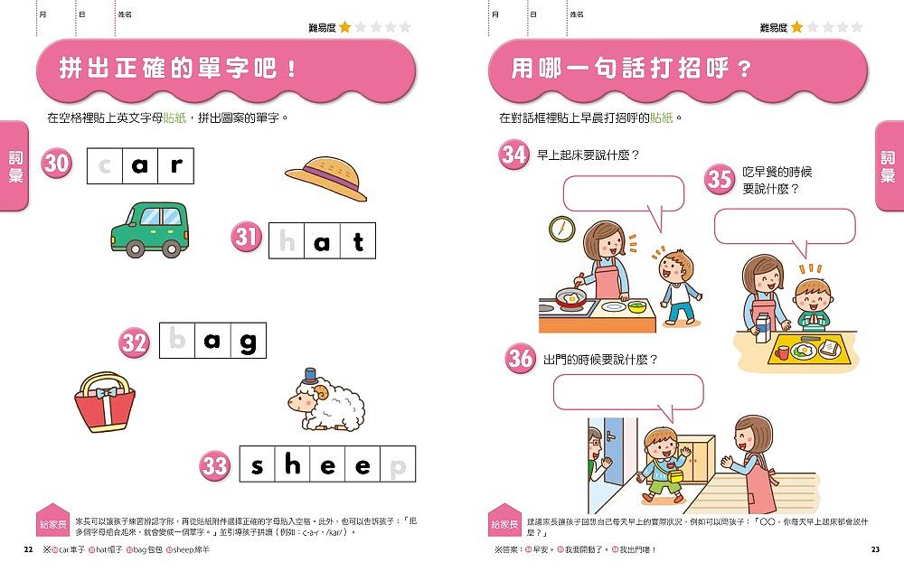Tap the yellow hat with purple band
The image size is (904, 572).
326,176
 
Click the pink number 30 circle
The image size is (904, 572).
57,164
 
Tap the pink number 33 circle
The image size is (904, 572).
215,465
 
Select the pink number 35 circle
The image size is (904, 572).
720,178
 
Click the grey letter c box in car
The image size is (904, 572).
105,165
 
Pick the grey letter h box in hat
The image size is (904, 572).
287,240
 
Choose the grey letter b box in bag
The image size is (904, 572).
177,341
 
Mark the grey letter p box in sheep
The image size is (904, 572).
398,465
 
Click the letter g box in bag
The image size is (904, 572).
248,341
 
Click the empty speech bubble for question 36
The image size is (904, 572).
626,392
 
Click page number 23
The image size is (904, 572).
874,550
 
